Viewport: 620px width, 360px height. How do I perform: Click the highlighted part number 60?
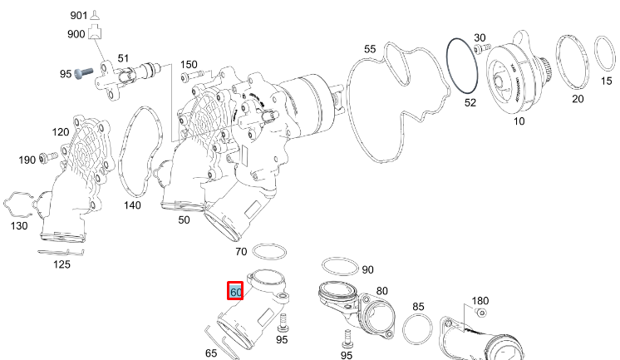pos(235,292)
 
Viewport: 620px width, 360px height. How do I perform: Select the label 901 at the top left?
pos(78,15)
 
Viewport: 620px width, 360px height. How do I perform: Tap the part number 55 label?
pos(370,49)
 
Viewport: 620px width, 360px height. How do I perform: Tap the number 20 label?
pos(577,99)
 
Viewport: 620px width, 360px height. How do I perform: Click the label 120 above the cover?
pos(60,132)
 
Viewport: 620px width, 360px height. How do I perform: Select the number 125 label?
pos(62,264)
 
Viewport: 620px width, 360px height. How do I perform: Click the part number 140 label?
pos(133,205)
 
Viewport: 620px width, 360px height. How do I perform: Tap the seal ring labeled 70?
pos(268,250)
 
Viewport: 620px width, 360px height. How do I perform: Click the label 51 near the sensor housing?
pos(123,58)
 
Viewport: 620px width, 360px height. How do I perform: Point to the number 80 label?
pos(381,292)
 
